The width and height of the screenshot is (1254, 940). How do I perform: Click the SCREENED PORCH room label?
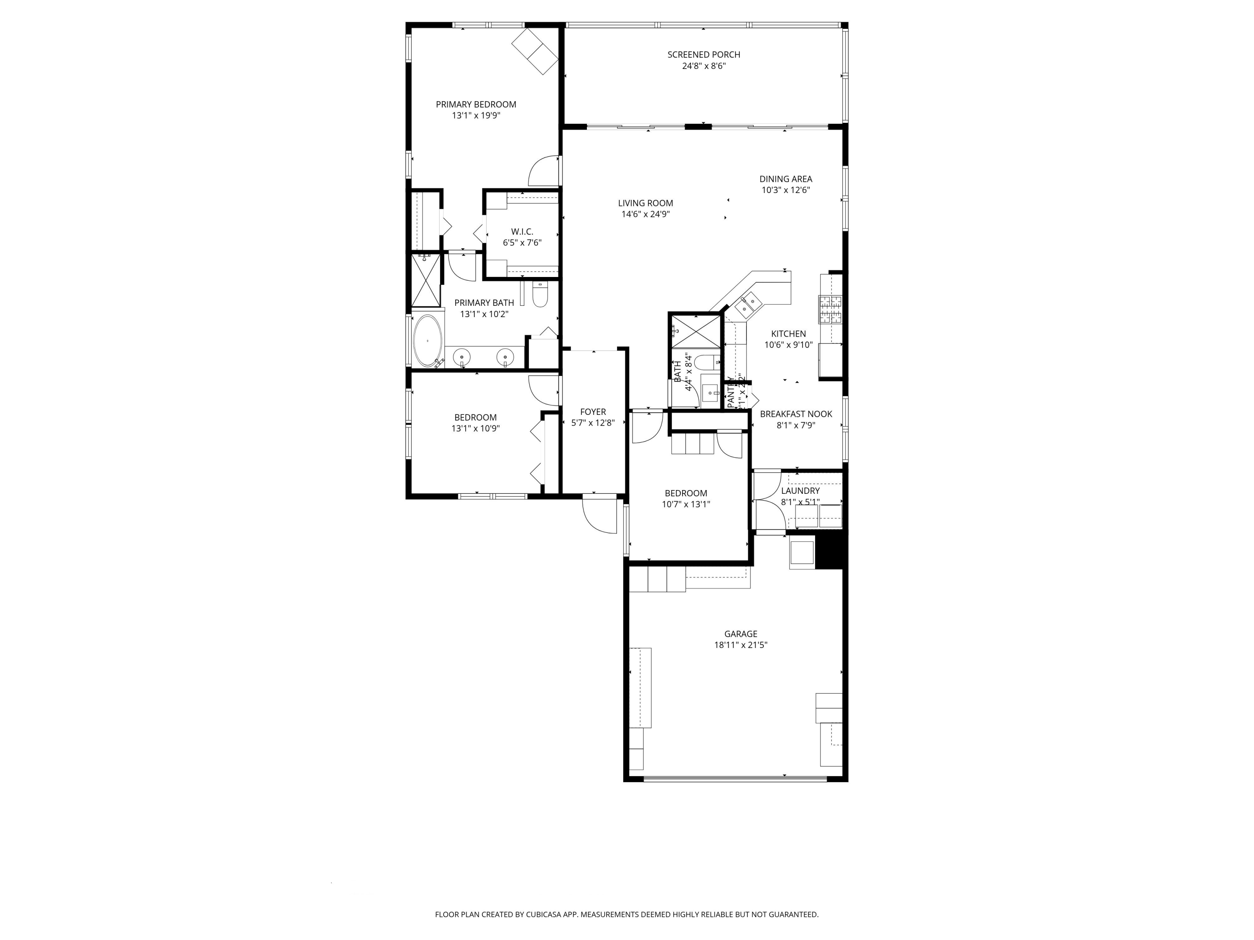[x=703, y=54]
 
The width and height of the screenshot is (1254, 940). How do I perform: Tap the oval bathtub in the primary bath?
[x=428, y=340]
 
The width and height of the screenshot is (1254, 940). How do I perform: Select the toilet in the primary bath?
[x=540, y=295]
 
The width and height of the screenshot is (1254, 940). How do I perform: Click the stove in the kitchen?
[x=831, y=310]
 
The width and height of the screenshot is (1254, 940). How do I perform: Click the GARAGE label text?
[x=740, y=633]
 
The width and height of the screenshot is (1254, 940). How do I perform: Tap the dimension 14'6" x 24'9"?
[x=646, y=214]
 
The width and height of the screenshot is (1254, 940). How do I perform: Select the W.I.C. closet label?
[x=522, y=231]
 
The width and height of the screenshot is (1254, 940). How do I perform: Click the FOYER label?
[x=593, y=412]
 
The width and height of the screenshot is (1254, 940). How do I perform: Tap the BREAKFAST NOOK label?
[x=795, y=414]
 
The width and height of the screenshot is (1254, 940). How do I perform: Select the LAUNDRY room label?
[x=800, y=491]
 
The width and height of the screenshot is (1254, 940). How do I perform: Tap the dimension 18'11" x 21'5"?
[x=740, y=645]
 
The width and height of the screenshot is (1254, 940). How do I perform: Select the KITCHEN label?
[x=788, y=334]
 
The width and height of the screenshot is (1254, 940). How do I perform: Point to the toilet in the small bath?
[x=708, y=361]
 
